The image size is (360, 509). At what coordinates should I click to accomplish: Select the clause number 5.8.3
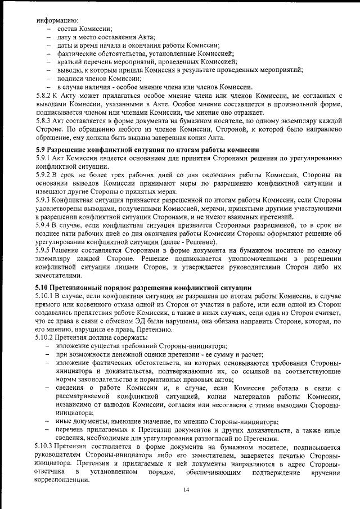[44, 120]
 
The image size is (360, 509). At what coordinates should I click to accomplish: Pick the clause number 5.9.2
[44, 175]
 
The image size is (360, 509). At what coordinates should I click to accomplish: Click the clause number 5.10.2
[46, 337]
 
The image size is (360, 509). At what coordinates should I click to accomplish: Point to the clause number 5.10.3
[46, 446]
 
